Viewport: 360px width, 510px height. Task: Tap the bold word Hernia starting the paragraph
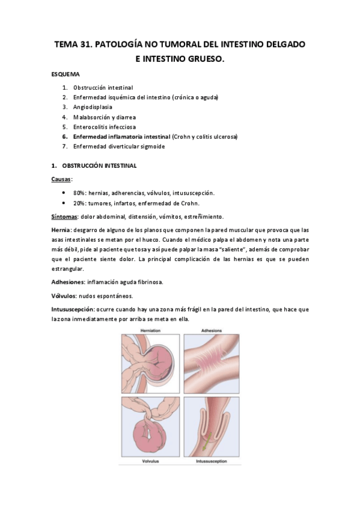click(x=61, y=230)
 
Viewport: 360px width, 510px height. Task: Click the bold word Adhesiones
click(x=67, y=281)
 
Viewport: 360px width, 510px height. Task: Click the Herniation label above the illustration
click(x=150, y=331)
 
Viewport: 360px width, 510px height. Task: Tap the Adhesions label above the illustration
click(x=213, y=331)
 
